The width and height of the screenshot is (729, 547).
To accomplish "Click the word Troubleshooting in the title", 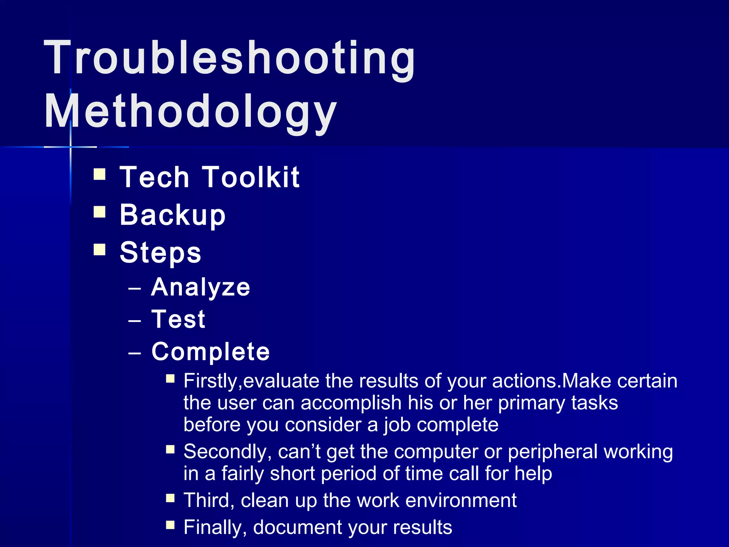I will (x=230, y=58).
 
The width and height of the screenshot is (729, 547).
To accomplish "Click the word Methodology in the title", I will (x=190, y=111).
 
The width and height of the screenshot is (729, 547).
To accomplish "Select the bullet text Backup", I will (x=173, y=215).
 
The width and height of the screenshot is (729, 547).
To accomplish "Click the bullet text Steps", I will (x=161, y=252).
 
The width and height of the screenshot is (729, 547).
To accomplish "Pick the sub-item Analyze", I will (x=201, y=287).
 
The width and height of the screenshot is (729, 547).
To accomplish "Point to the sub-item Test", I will (x=178, y=319).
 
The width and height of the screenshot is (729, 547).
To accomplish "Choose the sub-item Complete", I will (x=211, y=351).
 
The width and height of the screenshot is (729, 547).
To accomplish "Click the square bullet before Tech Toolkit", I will (x=100, y=174).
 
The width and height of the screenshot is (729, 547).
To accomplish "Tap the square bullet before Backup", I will (x=100, y=212).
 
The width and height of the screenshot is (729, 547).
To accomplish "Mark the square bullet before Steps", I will (x=100, y=250).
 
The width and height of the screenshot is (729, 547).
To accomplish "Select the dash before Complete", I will (x=135, y=353).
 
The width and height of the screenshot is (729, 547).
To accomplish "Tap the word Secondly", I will (x=225, y=452).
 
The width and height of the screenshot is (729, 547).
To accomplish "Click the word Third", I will (x=206, y=500).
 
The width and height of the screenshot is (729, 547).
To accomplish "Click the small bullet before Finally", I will (x=170, y=525).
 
